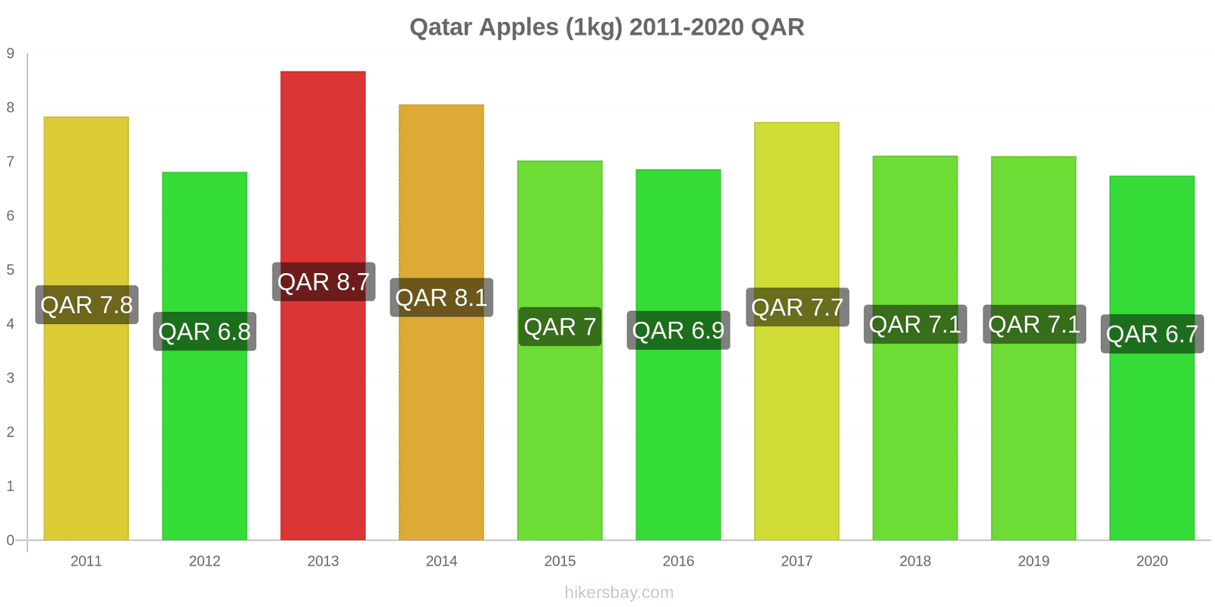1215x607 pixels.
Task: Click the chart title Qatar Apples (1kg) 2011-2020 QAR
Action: [607, 27]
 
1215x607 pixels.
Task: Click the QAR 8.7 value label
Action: [323, 282]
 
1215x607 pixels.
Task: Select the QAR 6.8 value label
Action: [204, 332]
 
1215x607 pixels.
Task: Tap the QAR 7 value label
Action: [560, 327]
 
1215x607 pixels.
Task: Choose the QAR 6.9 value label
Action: [678, 331]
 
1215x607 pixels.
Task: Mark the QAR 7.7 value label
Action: [797, 307]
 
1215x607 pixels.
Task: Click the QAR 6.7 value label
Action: [1152, 334]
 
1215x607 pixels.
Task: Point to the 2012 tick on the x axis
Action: [204, 561]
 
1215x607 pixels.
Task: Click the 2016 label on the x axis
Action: [678, 561]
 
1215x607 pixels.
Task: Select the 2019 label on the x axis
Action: [1034, 561]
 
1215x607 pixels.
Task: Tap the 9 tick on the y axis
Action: [11, 53]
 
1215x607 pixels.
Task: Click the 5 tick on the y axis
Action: [11, 270]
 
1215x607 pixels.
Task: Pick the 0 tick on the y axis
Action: [11, 540]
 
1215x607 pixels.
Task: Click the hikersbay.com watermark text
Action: [619, 593]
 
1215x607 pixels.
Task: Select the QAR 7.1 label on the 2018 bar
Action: [915, 325]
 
